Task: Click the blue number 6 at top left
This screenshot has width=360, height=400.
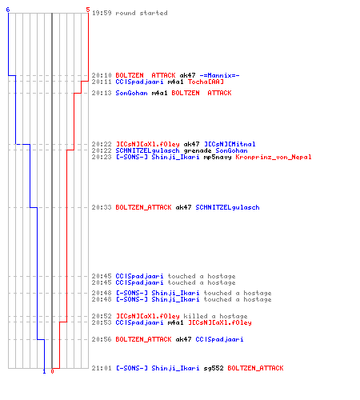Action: click(x=8, y=10)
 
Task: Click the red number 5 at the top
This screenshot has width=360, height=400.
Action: click(x=88, y=10)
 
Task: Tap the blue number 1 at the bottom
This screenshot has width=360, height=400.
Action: click(x=44, y=371)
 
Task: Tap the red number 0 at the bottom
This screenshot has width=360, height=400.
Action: click(x=52, y=371)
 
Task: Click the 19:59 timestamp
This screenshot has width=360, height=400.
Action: click(x=102, y=13)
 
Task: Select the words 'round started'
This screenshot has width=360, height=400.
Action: click(x=142, y=13)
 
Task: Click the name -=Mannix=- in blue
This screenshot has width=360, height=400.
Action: click(x=219, y=75)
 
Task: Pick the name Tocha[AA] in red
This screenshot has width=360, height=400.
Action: click(x=206, y=82)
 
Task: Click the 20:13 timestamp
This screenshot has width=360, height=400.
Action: click(x=102, y=93)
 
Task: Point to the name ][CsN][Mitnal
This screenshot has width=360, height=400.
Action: click(x=230, y=144)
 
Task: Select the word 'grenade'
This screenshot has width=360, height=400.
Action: click(x=198, y=150)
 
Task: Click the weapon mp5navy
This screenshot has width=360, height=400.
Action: click(x=218, y=157)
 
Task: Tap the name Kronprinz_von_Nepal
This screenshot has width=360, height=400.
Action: click(x=274, y=157)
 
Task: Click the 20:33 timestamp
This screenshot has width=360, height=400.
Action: click(x=102, y=207)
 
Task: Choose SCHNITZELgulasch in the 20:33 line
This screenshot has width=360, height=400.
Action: click(x=227, y=207)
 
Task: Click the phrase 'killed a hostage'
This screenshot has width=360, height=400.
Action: click(x=215, y=316)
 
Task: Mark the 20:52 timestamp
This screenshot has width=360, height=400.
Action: click(x=102, y=316)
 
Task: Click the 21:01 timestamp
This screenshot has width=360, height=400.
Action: click(x=102, y=368)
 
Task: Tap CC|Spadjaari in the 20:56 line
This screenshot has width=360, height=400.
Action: click(x=219, y=339)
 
